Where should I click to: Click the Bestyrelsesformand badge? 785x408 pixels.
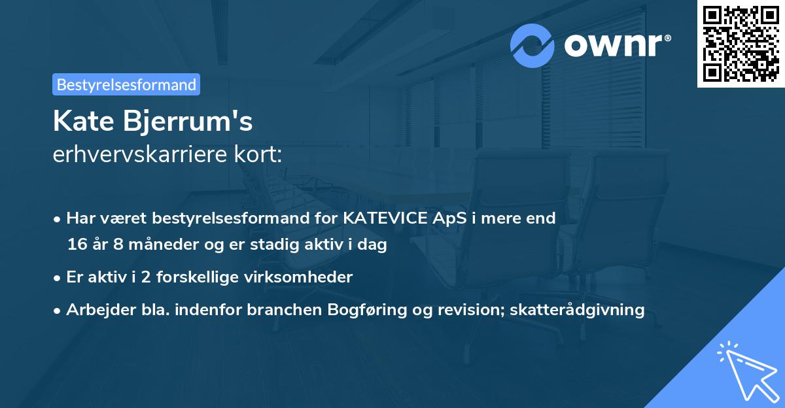click(126, 84)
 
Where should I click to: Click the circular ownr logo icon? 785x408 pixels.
click(532, 46)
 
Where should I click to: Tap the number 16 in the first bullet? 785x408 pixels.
click(76, 245)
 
